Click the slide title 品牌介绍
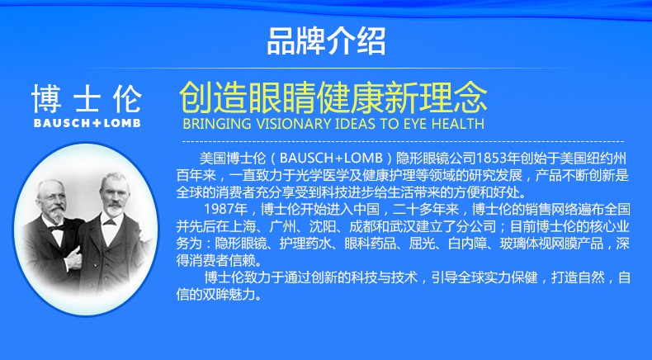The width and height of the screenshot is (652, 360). tap(327, 40)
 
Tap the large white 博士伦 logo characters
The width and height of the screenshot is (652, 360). tap(87, 98)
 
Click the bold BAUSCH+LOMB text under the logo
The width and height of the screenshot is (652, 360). tap(87, 123)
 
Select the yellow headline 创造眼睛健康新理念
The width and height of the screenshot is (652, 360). tap(333, 98)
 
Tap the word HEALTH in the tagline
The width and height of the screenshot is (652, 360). tap(458, 124)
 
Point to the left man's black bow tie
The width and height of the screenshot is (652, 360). tap(57, 227)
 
